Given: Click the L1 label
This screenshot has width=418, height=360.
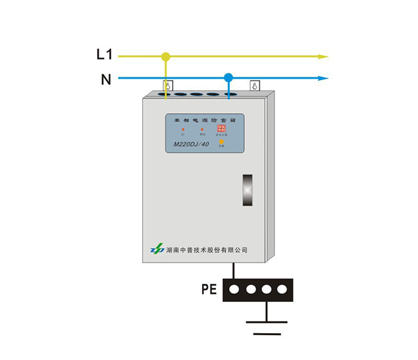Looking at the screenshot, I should (104, 55).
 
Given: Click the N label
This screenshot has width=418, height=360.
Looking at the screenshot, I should (106, 79).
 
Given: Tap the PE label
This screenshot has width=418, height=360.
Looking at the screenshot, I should (210, 289).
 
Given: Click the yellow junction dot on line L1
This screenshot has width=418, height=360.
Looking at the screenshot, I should (166, 57).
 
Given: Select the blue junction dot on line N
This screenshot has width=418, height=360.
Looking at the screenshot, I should (228, 78).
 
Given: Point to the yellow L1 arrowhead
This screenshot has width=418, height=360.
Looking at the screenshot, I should (323, 56).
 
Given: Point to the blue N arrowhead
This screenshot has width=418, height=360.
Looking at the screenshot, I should (323, 79).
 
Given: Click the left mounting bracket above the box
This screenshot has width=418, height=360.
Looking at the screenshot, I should (167, 86).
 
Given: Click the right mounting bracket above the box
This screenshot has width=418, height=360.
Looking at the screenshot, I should (254, 86).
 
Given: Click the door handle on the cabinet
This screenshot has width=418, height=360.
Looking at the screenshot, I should (248, 189).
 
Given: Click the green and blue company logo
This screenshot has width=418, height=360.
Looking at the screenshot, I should (156, 249).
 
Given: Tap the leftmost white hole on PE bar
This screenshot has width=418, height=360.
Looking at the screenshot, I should (235, 290).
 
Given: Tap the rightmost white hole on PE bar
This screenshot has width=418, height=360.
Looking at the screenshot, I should (282, 290).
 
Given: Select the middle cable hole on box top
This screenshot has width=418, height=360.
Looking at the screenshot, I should (196, 96).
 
